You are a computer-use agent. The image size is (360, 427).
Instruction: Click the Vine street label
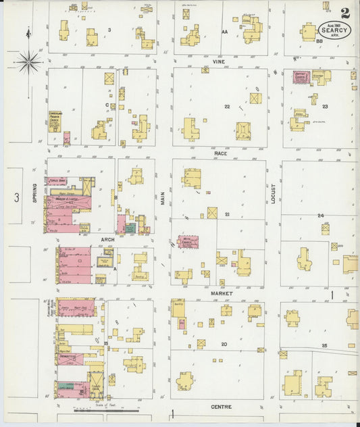click(218, 61)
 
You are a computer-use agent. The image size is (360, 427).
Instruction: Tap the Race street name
click(221, 154)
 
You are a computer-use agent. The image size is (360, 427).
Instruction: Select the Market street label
click(221, 294)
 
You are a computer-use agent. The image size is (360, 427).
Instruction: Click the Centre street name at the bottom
click(221, 407)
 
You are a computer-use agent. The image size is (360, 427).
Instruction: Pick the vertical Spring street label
click(33, 195)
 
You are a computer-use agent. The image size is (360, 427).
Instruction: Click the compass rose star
click(28, 62)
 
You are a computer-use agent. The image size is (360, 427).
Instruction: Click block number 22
click(228, 107)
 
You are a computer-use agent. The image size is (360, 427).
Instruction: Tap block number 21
click(228, 214)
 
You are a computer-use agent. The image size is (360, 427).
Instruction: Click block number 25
click(324, 345)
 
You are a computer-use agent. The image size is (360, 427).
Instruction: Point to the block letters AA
click(224, 31)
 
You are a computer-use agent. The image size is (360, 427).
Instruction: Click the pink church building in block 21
click(188, 241)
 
